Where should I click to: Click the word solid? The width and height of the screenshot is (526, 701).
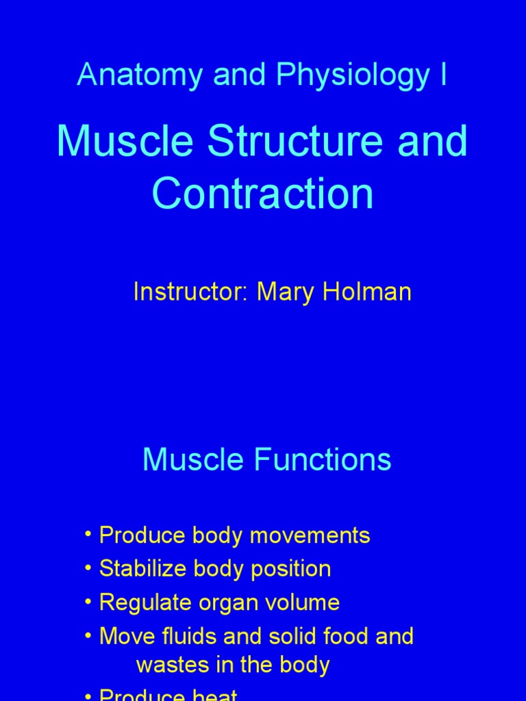(x=281, y=637)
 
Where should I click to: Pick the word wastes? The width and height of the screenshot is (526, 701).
(x=169, y=665)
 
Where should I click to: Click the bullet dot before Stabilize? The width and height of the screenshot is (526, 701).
(x=89, y=569)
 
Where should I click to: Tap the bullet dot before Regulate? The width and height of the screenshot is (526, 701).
(x=89, y=602)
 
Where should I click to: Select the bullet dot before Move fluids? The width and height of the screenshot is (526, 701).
(x=89, y=637)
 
